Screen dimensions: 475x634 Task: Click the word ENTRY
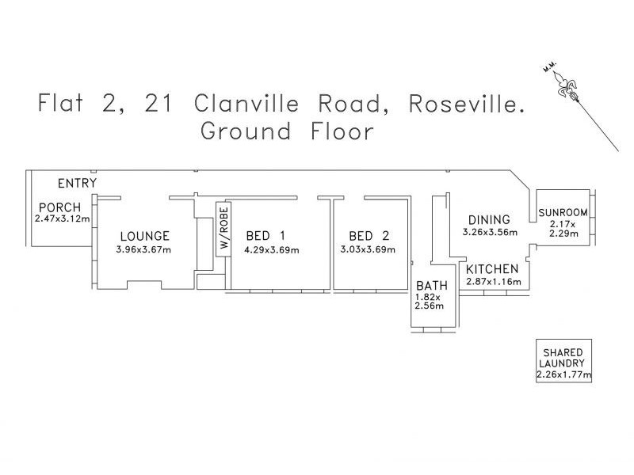tap(77, 184)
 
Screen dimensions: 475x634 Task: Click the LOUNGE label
tap(144, 236)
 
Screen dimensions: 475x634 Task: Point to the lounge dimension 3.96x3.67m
tap(143, 250)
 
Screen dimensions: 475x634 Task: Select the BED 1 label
tap(265, 236)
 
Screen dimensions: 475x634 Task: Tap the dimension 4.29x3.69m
tap(272, 250)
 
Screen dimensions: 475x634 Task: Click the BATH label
tap(432, 286)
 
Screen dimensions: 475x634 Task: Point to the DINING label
tap(489, 219)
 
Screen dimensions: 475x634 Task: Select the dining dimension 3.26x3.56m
tap(490, 233)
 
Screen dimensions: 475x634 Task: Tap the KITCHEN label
tap(492, 269)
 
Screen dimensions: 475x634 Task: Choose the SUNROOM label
tap(563, 212)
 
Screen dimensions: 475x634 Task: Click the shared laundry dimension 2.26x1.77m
tap(563, 374)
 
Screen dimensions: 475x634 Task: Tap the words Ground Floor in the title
tap(286, 131)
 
